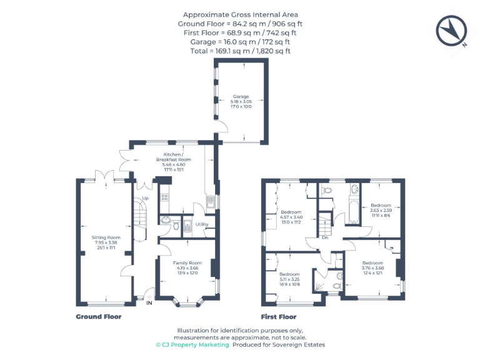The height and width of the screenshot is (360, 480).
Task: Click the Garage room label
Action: point(241,97)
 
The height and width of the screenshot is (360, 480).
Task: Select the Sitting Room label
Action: point(106,237)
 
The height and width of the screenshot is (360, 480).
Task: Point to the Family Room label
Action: point(187,263)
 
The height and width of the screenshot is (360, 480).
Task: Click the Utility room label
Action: point(201,224)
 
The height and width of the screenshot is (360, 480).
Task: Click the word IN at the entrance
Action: point(149,304)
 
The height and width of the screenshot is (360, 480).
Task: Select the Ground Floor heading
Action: point(99,317)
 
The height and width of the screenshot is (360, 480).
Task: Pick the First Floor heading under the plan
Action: point(279,317)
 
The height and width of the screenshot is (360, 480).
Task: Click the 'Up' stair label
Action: point(145,199)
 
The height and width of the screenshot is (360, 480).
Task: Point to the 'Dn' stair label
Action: point(325,237)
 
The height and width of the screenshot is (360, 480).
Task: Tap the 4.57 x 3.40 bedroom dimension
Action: point(291,217)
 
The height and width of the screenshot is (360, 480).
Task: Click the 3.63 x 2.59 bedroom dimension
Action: point(381,211)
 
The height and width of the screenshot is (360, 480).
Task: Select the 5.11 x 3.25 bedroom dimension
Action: point(289,279)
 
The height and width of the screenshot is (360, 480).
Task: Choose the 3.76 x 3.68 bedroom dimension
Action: point(373,268)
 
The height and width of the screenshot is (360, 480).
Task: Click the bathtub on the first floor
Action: point(351,211)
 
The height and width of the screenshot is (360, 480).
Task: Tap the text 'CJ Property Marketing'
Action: point(196,344)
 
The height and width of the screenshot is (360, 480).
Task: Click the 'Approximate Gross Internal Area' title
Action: point(240,14)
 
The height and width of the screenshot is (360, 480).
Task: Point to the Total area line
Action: point(240,51)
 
